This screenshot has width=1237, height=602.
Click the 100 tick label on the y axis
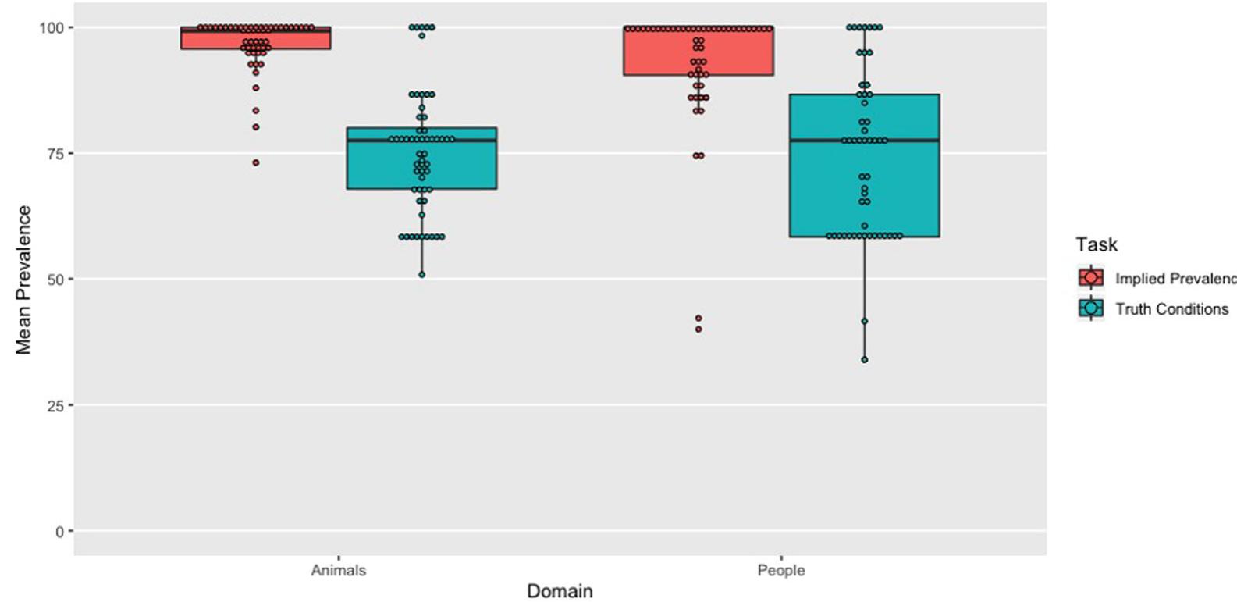pyautogui.click(x=52, y=28)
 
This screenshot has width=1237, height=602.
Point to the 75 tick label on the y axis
pyautogui.click(x=55, y=154)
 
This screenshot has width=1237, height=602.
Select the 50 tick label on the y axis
pyautogui.click(x=55, y=280)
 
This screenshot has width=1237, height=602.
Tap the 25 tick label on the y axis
pyautogui.click(x=55, y=405)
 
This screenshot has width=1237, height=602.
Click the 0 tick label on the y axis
pyautogui.click(x=59, y=532)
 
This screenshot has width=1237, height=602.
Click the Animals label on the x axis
pyautogui.click(x=338, y=571)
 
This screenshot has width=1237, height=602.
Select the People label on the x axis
pyautogui.click(x=780, y=571)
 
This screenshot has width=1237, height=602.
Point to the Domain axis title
pyautogui.click(x=560, y=591)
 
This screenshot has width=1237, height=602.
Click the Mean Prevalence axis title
pyautogui.click(x=23, y=280)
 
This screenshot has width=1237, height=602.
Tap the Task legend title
pyautogui.click(x=1096, y=244)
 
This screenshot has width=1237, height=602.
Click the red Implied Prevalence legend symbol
pyautogui.click(x=1090, y=278)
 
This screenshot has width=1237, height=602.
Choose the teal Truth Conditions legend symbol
pyautogui.click(x=1090, y=308)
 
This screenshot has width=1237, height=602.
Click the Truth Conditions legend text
pyautogui.click(x=1171, y=309)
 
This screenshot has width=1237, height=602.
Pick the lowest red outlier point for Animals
pyautogui.click(x=255, y=163)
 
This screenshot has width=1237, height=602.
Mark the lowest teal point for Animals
pyautogui.click(x=421, y=275)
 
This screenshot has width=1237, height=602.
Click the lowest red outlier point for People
pyautogui.click(x=698, y=329)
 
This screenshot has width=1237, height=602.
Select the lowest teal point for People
pyautogui.click(x=864, y=360)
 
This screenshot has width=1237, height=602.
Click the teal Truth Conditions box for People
pyautogui.click(x=864, y=187)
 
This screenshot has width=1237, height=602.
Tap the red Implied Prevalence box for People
pyautogui.click(x=698, y=55)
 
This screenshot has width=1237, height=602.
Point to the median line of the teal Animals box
pyautogui.click(x=421, y=141)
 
